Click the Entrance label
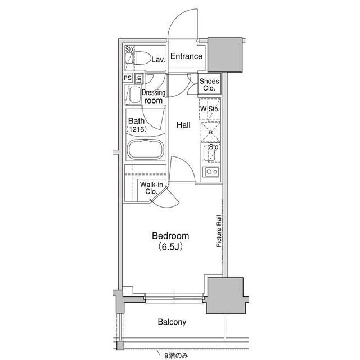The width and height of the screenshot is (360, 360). coord(186,56)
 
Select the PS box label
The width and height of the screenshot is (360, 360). coord(128,78)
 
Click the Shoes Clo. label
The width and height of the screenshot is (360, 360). coord(209,84)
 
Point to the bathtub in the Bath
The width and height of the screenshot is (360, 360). coord(146,149)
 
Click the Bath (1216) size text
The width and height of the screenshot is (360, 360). coord(136,129)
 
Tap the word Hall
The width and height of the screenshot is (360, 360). coord(183,125)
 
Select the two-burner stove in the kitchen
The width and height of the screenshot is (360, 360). coord(211,172)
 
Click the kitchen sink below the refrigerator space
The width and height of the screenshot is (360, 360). coord(209,154)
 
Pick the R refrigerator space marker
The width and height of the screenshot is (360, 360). coord(211,132)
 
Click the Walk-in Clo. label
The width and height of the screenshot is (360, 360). coord(151,188)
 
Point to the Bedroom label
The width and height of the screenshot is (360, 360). coord(170,236)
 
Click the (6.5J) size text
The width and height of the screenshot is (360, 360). coord(170,246)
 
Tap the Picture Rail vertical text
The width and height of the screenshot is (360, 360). coord(219,231)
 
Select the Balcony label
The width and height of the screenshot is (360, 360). coord(172,322)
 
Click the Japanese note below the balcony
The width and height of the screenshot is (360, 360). coord(176,356)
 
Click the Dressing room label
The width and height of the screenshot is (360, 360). coord(154,97)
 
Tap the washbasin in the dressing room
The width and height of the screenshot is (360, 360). coord(135,94)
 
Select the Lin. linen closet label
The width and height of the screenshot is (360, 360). coord(139,79)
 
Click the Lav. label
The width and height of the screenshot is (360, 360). coord(159,60)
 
